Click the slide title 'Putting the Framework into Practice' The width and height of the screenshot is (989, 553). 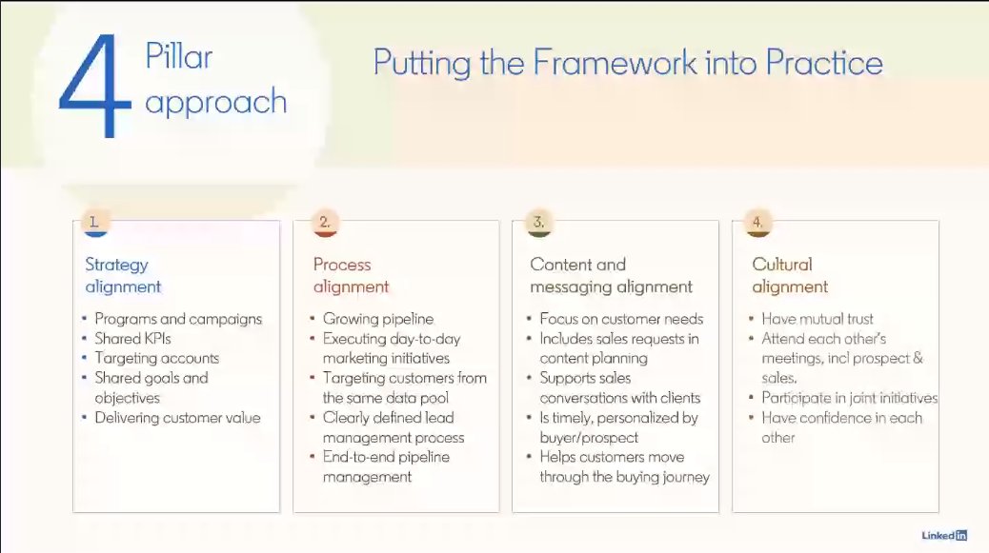point(627,63)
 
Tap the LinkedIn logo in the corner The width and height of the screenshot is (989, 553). point(943,535)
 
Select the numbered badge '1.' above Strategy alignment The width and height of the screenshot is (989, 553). point(94,223)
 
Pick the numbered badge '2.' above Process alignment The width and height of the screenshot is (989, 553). point(324,223)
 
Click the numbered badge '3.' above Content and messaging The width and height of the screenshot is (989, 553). point(538,223)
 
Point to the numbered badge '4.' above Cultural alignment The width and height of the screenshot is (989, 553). point(757,223)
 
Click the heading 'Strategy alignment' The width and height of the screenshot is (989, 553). point(123,275)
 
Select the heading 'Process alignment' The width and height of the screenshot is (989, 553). point(351,275)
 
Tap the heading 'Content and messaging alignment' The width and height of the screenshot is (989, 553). point(611,275)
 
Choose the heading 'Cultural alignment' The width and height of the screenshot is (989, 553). point(790,275)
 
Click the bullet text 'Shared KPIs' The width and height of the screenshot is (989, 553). point(132,339)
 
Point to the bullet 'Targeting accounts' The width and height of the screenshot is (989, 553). point(156,358)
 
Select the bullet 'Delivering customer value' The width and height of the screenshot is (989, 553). point(177,418)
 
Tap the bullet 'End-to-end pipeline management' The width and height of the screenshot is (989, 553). point(386,466)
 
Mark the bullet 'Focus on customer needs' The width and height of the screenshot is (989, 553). point(621,319)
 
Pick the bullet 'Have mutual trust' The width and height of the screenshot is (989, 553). point(817,319)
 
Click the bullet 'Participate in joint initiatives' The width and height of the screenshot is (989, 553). point(849,398)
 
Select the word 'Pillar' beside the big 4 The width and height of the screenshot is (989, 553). point(178,57)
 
